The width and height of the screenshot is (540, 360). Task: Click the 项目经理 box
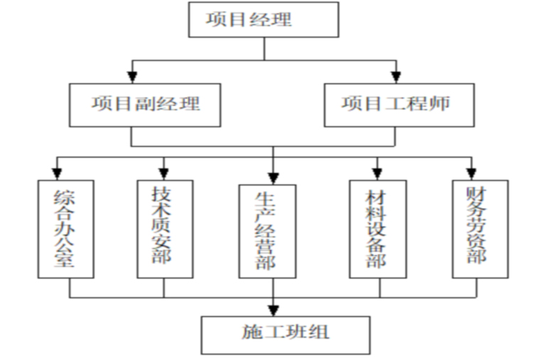coord(264,19)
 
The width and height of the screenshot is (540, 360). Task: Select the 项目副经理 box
coord(145,104)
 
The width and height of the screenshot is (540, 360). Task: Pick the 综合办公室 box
coord(65,229)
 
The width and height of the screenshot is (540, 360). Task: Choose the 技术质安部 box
coord(163,228)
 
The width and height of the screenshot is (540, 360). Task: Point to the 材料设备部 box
coord(377,228)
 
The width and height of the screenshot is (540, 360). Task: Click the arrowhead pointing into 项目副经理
coord(132,75)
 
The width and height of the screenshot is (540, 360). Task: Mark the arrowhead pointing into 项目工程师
coord(396,75)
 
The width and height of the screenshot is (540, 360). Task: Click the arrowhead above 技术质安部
coord(164,172)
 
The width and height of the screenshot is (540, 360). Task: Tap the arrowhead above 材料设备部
coord(377,172)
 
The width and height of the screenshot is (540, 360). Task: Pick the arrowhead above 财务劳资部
coord(471,172)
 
